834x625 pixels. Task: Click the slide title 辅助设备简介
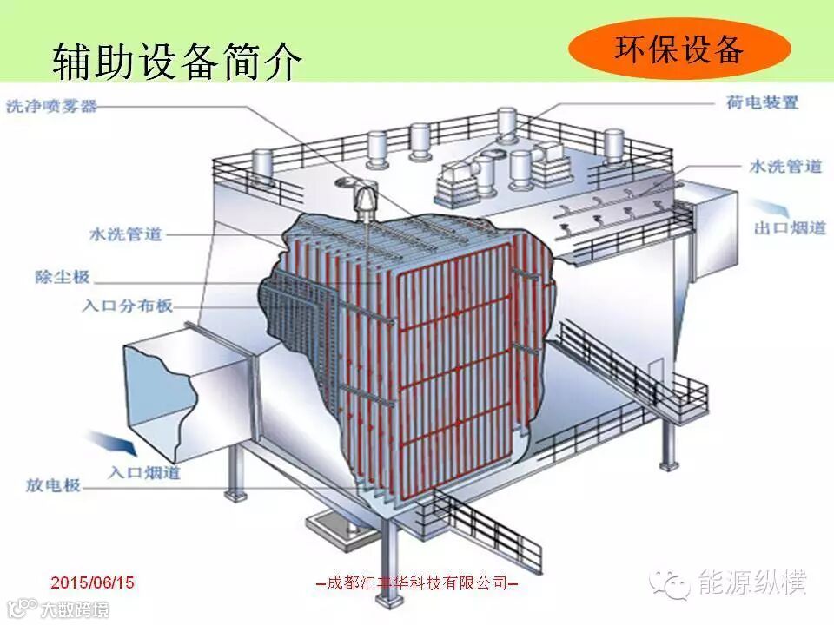[x=178, y=60]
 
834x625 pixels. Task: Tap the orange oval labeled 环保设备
[x=679, y=49]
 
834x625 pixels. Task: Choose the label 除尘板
[x=63, y=278]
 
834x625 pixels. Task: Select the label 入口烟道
[x=145, y=472]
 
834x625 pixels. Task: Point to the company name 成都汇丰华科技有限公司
[x=416, y=583]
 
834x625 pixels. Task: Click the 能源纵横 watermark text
[x=752, y=582]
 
